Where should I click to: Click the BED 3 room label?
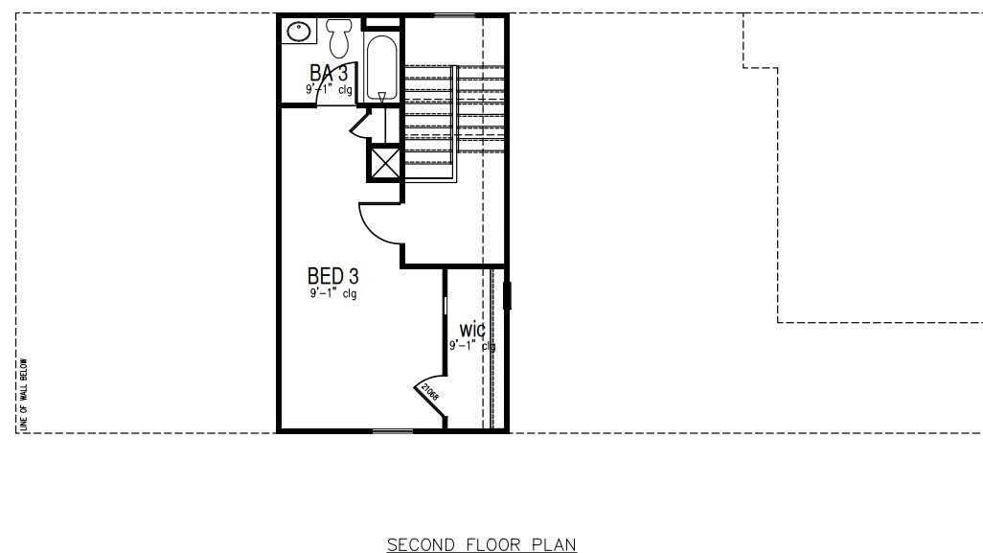click(332, 277)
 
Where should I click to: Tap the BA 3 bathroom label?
click(329, 74)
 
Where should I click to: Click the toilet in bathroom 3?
click(338, 37)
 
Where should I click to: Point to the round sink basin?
click(298, 31)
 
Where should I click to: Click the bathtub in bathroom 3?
click(381, 68)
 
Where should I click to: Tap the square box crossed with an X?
click(385, 162)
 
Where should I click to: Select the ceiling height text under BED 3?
click(332, 294)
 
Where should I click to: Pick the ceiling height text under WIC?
click(472, 346)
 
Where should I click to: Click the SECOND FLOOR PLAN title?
click(481, 545)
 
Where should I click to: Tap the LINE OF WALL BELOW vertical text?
click(24, 393)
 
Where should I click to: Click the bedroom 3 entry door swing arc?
click(376, 226)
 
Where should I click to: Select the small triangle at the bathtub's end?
click(381, 96)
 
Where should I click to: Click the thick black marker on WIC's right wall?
click(507, 295)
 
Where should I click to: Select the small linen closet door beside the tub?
click(361, 124)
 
